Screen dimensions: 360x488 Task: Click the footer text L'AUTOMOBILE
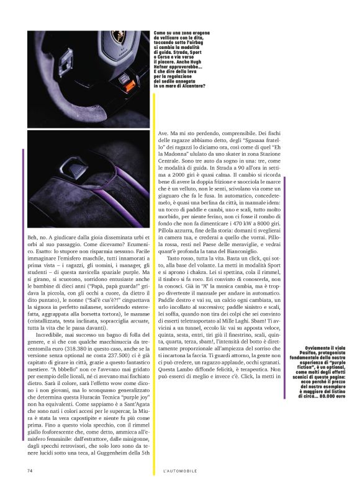tap(179, 471)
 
